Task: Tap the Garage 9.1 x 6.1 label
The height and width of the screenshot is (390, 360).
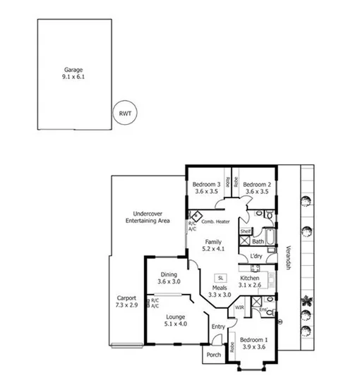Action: click(x=73, y=73)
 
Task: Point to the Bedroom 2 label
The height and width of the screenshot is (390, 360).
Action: click(x=258, y=188)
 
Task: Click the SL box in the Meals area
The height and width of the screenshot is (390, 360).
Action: click(x=221, y=277)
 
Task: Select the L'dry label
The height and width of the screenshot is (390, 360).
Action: click(x=256, y=255)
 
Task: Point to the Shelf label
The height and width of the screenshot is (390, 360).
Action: click(x=246, y=231)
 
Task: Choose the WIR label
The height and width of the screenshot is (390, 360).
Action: click(x=239, y=307)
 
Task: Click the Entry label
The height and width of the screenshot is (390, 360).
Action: click(x=218, y=326)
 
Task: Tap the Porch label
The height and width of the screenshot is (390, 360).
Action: click(x=212, y=355)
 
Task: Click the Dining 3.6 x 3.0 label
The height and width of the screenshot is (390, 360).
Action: click(x=169, y=278)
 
